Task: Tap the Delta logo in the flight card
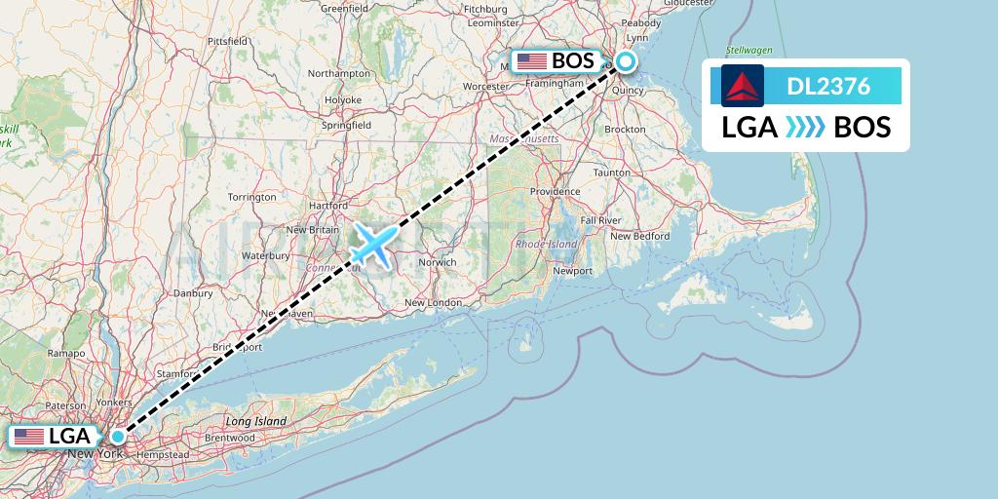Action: click(x=743, y=85)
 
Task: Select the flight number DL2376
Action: click(x=828, y=86)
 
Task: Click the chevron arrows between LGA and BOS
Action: click(x=805, y=127)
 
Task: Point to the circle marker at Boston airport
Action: click(x=625, y=61)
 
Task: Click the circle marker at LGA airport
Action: click(x=118, y=436)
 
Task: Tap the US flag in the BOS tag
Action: click(x=532, y=61)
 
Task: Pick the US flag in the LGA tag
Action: click(x=29, y=437)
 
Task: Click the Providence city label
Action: click(x=556, y=192)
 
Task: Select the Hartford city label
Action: click(x=326, y=206)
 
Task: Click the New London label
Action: click(x=433, y=303)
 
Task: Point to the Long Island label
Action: click(x=256, y=421)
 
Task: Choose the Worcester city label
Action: click(x=486, y=86)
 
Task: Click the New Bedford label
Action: click(x=639, y=236)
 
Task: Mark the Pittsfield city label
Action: click(x=227, y=41)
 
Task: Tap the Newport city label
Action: click(x=572, y=271)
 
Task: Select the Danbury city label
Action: click(x=193, y=292)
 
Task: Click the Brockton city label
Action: click(x=625, y=129)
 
